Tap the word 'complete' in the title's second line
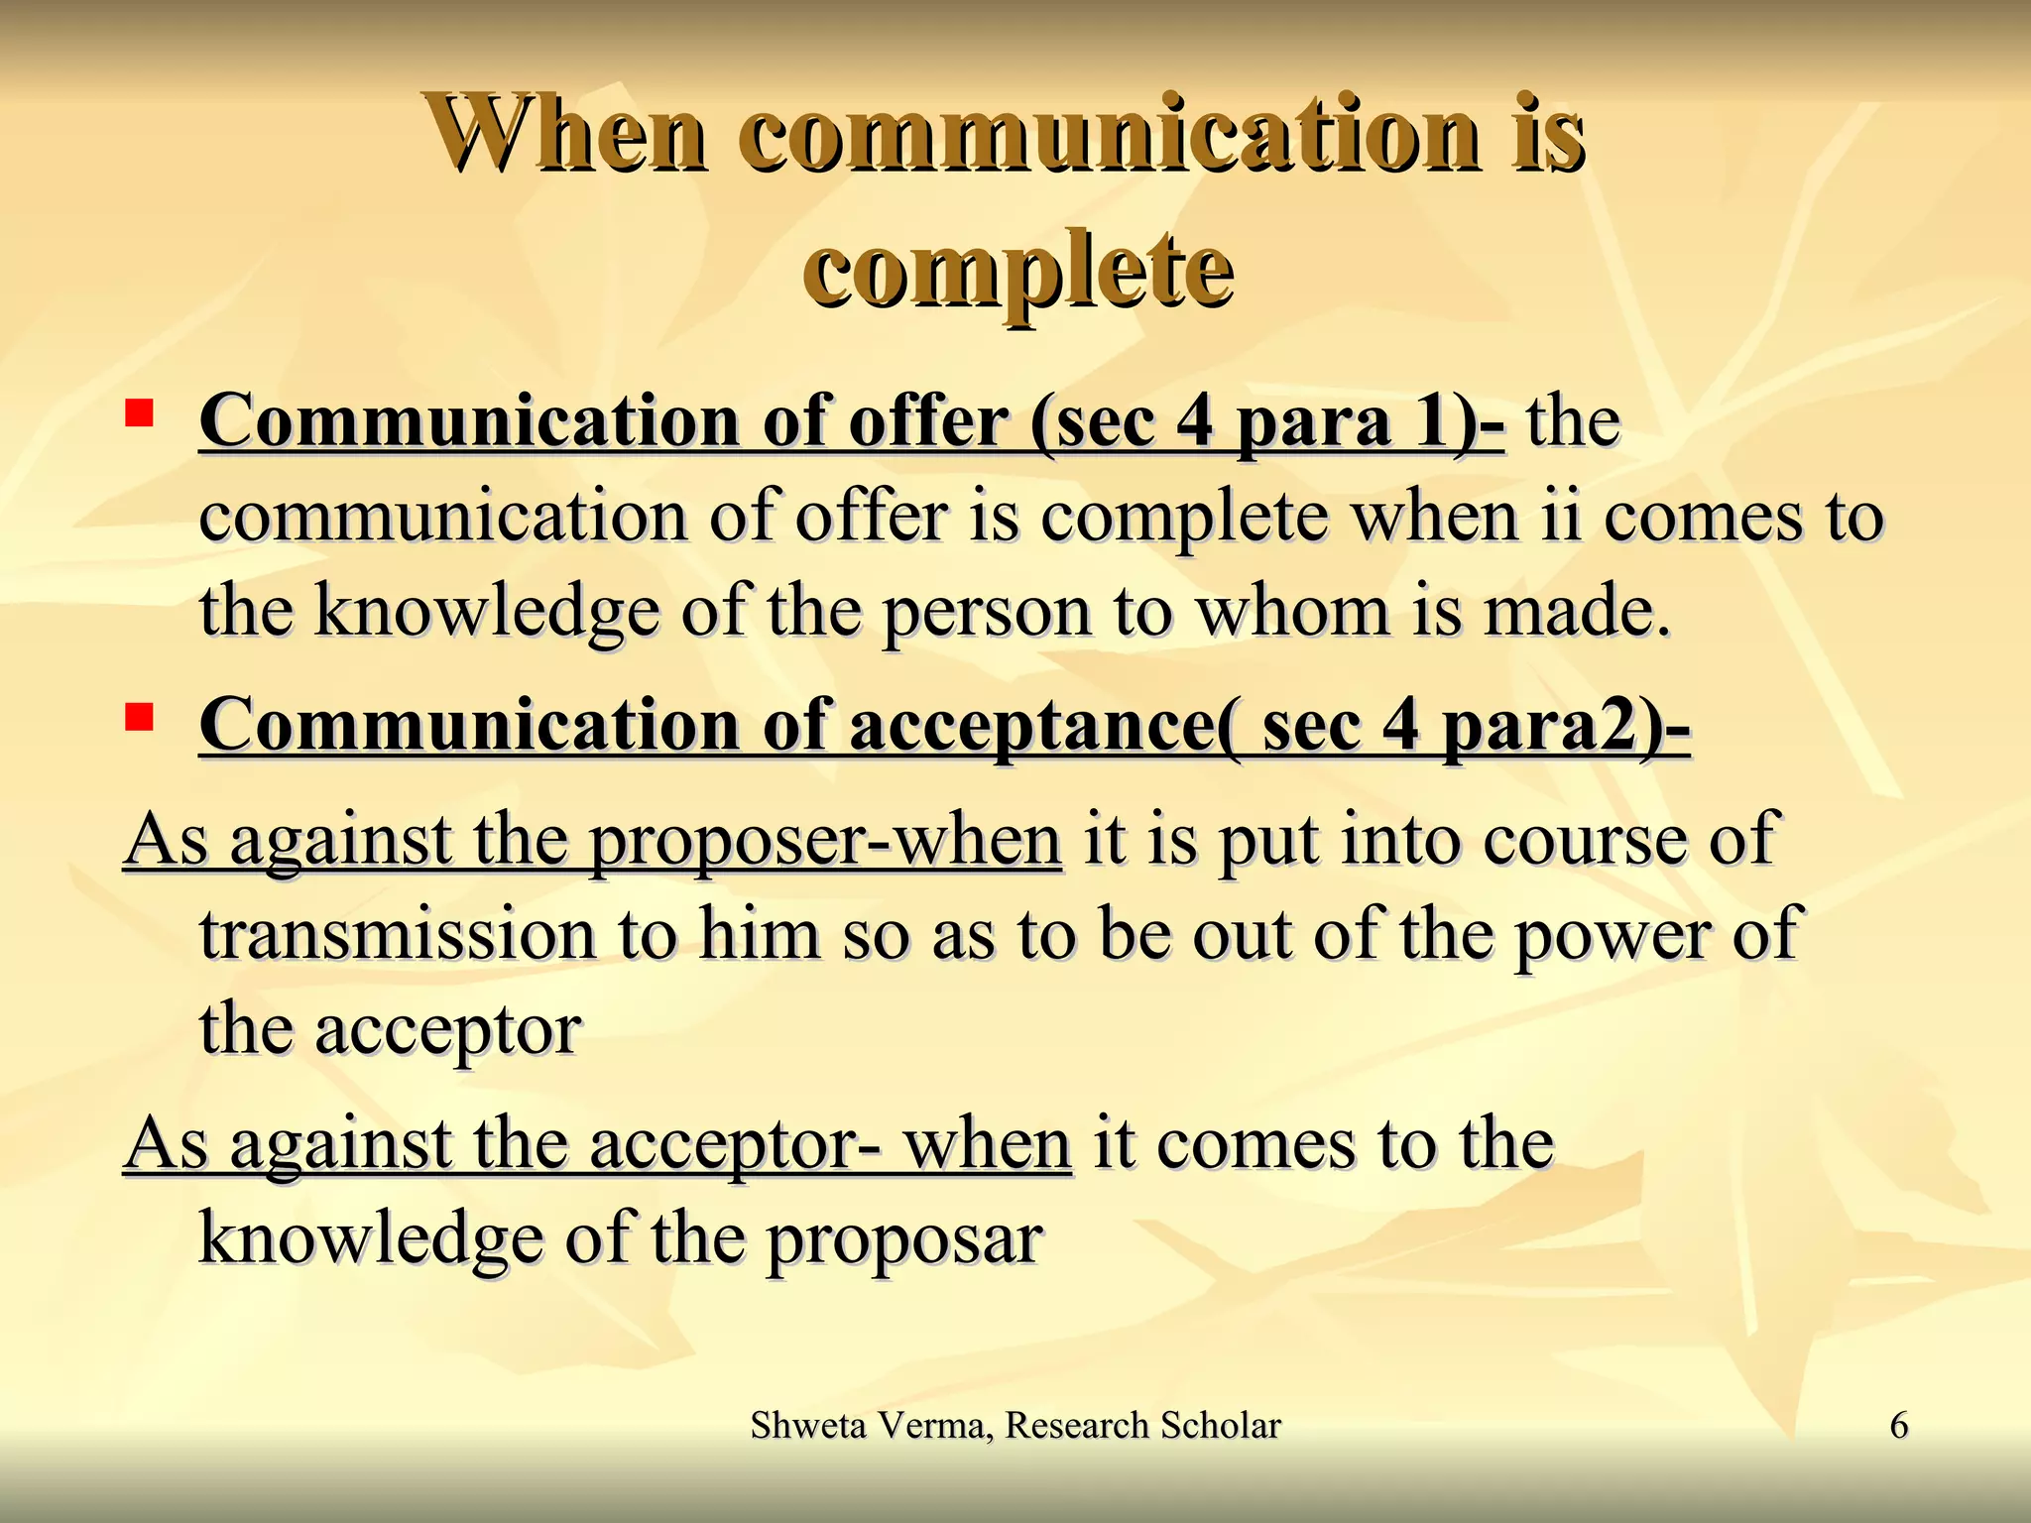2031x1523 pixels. pos(1018,270)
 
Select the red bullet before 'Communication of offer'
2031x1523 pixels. pos(139,410)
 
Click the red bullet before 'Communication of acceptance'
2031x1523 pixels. pos(139,715)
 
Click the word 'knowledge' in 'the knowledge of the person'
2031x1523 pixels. pos(486,612)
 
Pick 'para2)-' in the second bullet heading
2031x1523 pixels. pos(1566,726)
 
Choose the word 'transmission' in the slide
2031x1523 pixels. pos(398,934)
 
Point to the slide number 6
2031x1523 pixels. pos(1898,1426)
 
